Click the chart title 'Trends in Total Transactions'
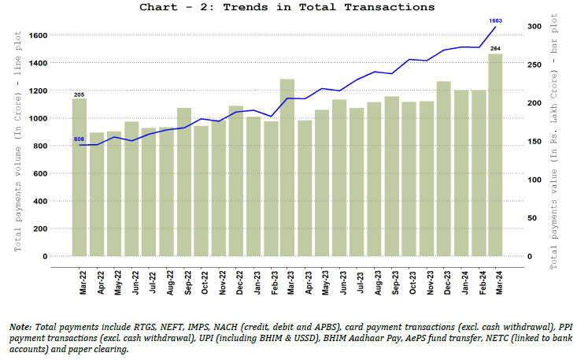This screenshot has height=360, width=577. [x=287, y=7]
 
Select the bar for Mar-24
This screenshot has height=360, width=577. [x=495, y=154]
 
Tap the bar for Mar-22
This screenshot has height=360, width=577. [x=80, y=177]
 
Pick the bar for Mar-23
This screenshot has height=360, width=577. [x=287, y=167]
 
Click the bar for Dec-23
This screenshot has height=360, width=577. [x=443, y=169]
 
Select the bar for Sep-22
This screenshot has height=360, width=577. [x=183, y=182]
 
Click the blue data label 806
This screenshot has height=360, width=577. [x=79, y=139]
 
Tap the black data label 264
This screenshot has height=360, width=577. [x=495, y=49]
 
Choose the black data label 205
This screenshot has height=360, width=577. [x=80, y=95]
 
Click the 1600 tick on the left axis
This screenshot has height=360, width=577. [x=59, y=35]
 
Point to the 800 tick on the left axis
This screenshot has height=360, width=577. [x=61, y=146]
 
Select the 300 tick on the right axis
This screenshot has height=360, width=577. [x=534, y=27]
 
